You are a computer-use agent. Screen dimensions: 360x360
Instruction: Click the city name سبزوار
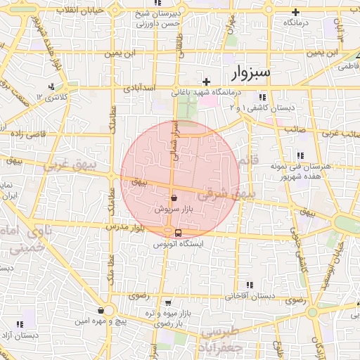255,72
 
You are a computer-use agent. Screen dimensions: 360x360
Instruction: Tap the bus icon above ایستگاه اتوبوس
177,233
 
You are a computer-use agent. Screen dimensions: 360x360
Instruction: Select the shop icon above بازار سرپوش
174,199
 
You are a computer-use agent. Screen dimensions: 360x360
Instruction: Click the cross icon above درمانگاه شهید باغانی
206,82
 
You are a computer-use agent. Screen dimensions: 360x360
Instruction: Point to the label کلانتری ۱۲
53,96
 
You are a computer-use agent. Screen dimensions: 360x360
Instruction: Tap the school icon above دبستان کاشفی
261,97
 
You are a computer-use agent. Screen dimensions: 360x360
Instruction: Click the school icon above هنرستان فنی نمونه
300,155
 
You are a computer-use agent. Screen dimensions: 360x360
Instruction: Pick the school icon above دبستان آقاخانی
250,285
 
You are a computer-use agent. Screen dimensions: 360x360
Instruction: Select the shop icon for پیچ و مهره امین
101,310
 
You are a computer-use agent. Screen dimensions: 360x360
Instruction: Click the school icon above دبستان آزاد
19,323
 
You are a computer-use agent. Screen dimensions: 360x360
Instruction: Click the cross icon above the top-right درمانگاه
296,12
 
